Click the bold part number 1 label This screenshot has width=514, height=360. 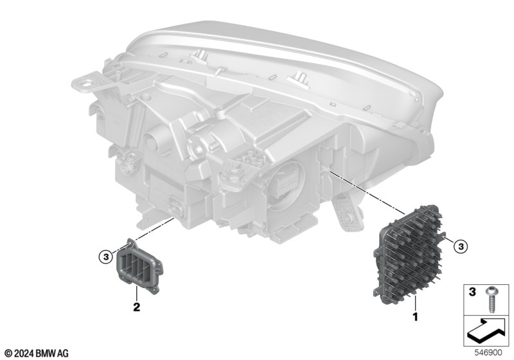[415, 317]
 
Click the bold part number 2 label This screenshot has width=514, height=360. [136, 307]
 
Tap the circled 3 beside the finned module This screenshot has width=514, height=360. [461, 246]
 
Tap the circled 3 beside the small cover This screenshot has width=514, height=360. [105, 257]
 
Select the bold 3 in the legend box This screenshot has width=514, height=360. [472, 292]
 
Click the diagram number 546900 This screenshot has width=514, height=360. [488, 353]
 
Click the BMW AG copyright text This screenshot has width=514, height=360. [37, 353]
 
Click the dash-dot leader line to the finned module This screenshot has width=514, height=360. [367, 192]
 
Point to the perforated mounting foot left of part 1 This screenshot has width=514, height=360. [347, 213]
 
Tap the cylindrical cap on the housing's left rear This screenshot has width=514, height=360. [154, 140]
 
